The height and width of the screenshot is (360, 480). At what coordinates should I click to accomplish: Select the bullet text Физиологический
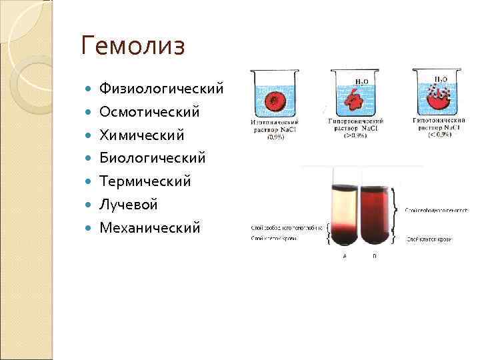pyautogui.click(x=161, y=89)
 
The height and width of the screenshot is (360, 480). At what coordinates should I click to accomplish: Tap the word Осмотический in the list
pyautogui.click(x=149, y=112)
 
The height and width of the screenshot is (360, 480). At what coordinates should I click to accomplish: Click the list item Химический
pyautogui.click(x=141, y=135)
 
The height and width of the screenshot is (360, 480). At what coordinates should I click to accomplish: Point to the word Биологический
pyautogui.click(x=152, y=158)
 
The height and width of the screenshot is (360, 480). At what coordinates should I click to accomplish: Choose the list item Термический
pyautogui.click(x=145, y=181)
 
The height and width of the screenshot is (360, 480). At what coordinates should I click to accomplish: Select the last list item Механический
pyautogui.click(x=149, y=228)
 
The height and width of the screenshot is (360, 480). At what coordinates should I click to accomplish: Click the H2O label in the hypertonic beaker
pyautogui.click(x=361, y=82)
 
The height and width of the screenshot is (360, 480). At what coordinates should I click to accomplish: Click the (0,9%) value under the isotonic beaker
pyautogui.click(x=275, y=136)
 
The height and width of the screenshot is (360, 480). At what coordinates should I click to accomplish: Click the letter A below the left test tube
pyautogui.click(x=344, y=255)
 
